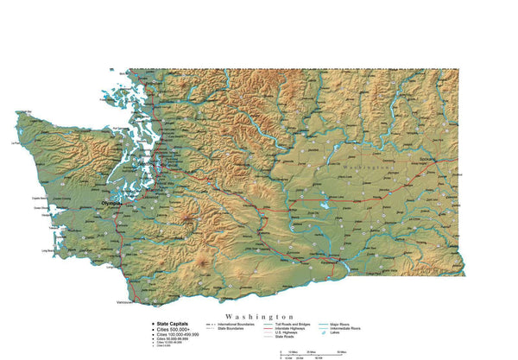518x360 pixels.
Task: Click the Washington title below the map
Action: pos(258,317)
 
